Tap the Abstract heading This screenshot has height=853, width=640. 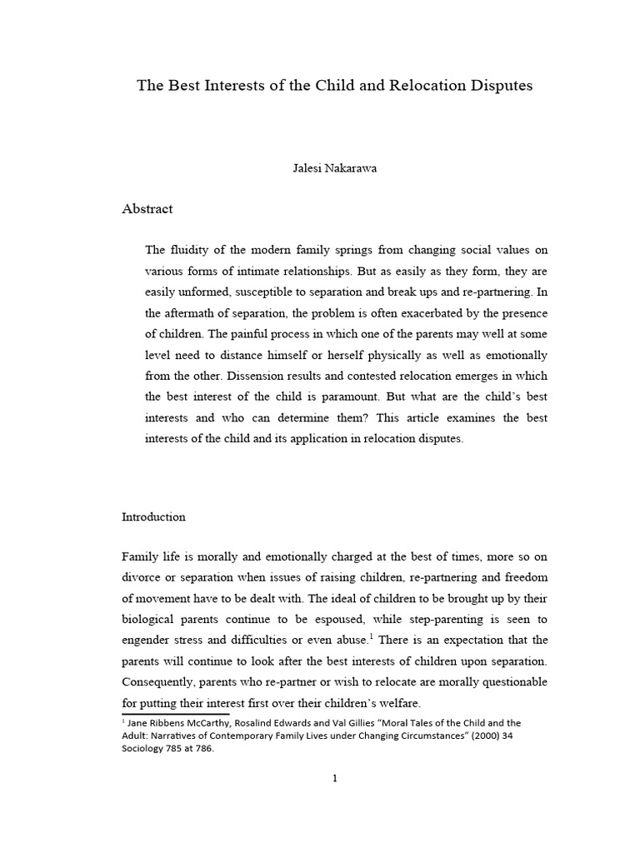(147, 209)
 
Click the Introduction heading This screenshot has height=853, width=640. (153, 516)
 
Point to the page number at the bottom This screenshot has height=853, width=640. (334, 779)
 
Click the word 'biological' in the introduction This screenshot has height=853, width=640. (150, 619)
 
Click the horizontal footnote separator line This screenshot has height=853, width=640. (176, 714)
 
